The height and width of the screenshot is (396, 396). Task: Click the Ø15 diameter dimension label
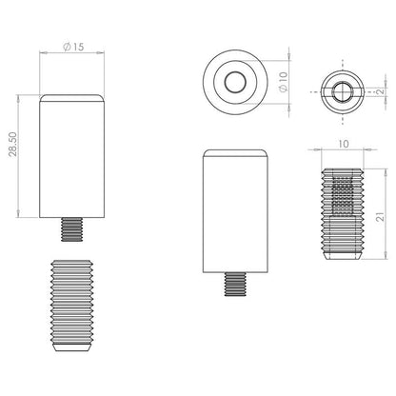coord(73,47)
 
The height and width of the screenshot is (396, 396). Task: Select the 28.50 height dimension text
coord(13,145)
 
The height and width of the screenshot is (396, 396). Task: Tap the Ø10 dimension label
coord(284,82)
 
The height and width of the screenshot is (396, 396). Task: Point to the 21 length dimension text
coord(381,217)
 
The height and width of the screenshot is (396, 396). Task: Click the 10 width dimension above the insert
coord(344,144)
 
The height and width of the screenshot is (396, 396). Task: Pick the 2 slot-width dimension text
coord(381,90)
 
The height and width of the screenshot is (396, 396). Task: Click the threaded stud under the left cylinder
coord(71,229)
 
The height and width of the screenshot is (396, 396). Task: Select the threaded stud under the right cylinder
coord(235,285)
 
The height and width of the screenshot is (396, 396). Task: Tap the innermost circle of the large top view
coord(235,82)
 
